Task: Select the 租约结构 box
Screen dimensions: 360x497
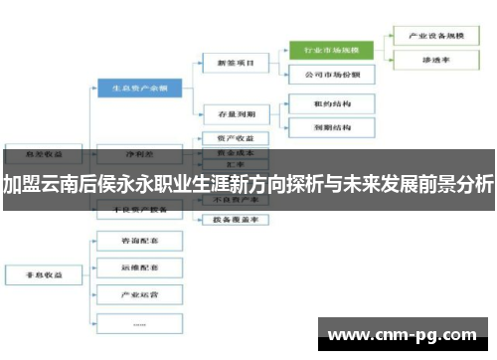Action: pyautogui.click(x=330, y=102)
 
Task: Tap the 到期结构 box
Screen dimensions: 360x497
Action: pyautogui.click(x=330, y=128)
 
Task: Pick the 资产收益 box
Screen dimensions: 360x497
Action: pyautogui.click(x=229, y=138)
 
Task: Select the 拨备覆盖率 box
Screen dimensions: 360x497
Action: pyautogui.click(x=229, y=221)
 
